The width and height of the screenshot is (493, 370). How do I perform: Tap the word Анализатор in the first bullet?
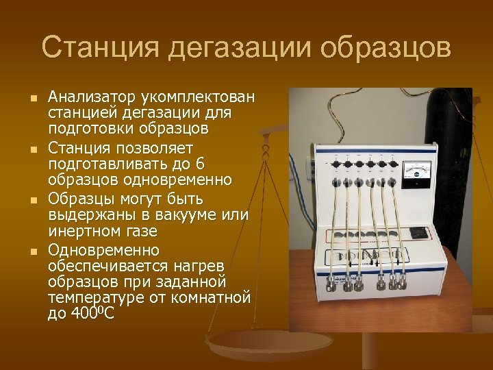pos(92,97)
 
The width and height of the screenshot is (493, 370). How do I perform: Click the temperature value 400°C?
pos(92,314)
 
